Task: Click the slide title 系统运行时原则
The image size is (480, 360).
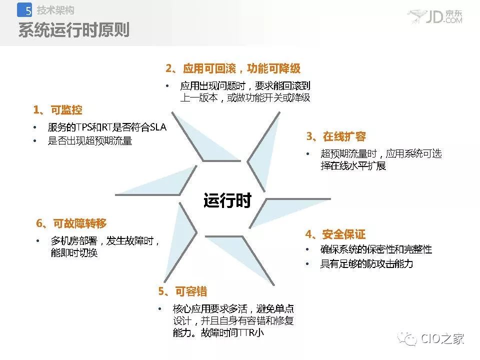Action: (74, 30)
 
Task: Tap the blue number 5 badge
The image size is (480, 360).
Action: (24, 10)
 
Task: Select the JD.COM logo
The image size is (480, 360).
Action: (435, 16)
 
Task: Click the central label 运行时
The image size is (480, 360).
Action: (227, 200)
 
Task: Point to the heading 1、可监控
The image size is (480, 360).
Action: (57, 110)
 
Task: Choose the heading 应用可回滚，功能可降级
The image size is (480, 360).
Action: (242, 68)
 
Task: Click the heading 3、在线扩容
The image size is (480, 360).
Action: (336, 136)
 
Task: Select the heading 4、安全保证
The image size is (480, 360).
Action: (335, 234)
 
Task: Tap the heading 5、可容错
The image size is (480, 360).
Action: (183, 291)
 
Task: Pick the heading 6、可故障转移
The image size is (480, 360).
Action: (71, 223)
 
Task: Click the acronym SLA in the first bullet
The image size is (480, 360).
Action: (158, 127)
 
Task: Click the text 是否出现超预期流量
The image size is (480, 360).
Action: (90, 141)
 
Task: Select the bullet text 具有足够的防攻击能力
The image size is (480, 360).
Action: (366, 263)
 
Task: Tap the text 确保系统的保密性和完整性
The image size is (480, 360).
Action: (376, 249)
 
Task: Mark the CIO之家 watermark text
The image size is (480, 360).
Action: (442, 338)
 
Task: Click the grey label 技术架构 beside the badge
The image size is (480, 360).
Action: (55, 10)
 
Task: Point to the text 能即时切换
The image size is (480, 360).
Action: (74, 253)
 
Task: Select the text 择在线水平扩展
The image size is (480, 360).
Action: (353, 166)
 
